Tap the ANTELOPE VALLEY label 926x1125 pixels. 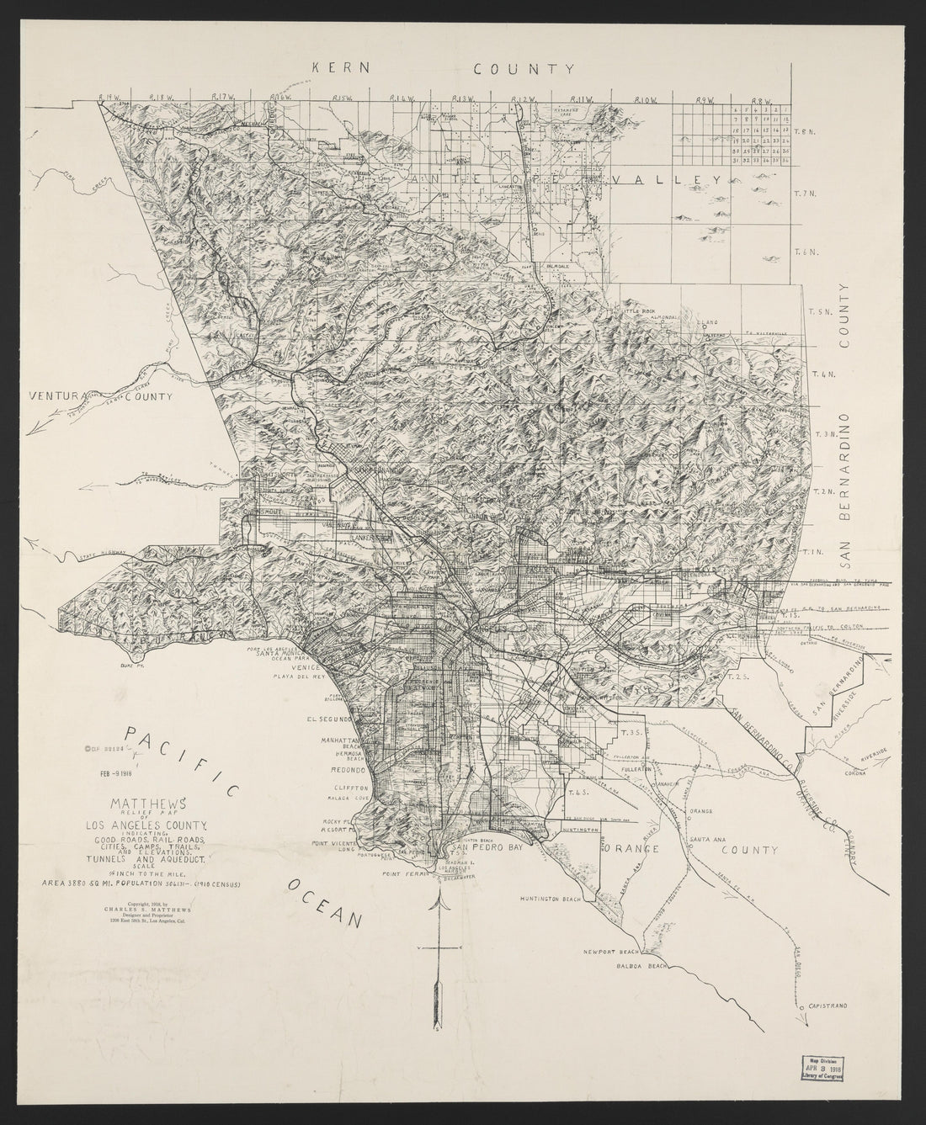click(x=566, y=181)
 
